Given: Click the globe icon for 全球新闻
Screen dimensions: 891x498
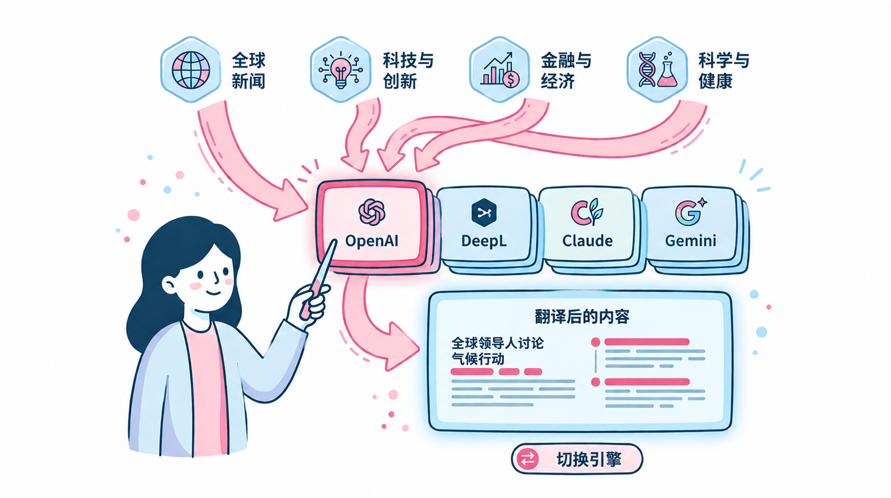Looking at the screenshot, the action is pyautogui.click(x=191, y=70).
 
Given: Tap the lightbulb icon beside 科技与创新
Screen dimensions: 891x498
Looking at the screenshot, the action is pyautogui.click(x=340, y=70).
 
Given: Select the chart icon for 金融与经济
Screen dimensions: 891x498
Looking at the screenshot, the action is pyautogui.click(x=499, y=70).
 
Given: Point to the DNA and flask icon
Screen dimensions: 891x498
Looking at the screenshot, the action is pyautogui.click(x=657, y=70).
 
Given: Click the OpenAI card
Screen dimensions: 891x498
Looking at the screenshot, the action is pyautogui.click(x=372, y=225).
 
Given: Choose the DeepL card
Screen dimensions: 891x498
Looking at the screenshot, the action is pyautogui.click(x=484, y=225).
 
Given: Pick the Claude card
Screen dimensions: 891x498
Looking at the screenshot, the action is pyautogui.click(x=587, y=225).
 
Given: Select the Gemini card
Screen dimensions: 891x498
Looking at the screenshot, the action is pyautogui.click(x=690, y=225).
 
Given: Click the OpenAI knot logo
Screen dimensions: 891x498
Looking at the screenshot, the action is pyautogui.click(x=372, y=212).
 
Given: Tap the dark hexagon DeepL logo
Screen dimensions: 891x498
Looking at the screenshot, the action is pyautogui.click(x=484, y=213).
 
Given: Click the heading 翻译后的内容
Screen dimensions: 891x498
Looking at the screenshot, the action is pyautogui.click(x=582, y=316).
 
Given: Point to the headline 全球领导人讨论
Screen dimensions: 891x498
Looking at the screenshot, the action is pyautogui.click(x=497, y=343).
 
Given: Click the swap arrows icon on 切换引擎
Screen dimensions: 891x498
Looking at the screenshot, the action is pyautogui.click(x=527, y=459).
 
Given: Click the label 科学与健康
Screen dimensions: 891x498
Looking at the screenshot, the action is pyautogui.click(x=724, y=71).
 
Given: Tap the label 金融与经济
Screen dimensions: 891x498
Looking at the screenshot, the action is pyautogui.click(x=566, y=71).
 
